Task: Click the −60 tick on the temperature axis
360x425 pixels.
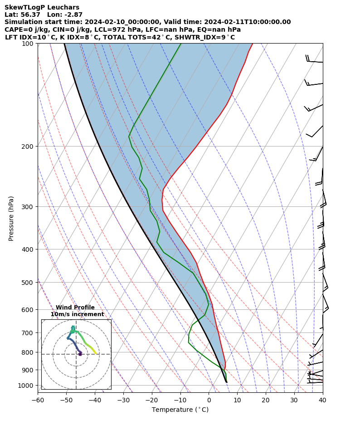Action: coord(38,400)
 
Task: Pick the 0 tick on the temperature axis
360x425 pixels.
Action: coord(209,400)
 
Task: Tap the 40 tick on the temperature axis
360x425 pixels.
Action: coord(323,400)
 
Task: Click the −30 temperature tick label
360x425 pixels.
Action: coord(123,400)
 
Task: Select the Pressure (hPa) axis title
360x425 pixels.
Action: coord(11,218)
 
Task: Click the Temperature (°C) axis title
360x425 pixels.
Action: coord(180,410)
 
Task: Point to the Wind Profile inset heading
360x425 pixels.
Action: coord(75,308)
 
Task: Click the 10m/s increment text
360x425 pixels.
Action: coord(77,314)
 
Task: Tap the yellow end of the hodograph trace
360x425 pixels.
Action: coord(96,353)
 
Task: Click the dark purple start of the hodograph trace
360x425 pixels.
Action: coord(80,354)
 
